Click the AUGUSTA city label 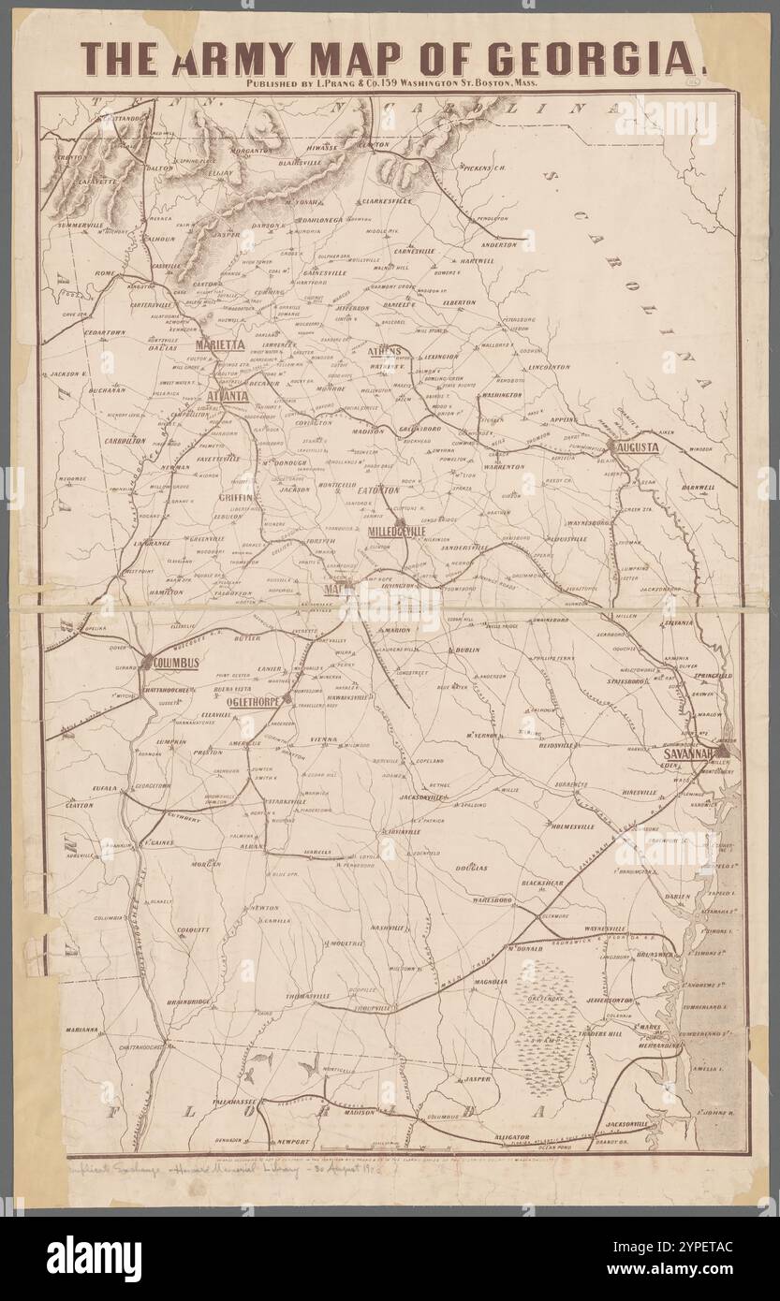637,447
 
